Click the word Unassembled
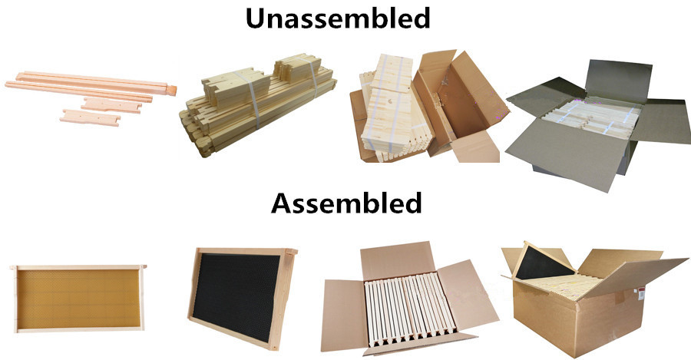coord(338,18)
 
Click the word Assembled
coord(346,203)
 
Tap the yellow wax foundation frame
coord(78,299)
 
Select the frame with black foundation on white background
coord(242,297)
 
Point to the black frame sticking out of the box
coord(545,263)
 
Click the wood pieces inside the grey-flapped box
coord(590,117)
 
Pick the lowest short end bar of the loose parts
coord(91,117)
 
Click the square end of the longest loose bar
coord(171,90)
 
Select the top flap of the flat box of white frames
coord(395,260)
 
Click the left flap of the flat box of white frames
coord(344,314)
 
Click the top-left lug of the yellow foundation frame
coord(13,267)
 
